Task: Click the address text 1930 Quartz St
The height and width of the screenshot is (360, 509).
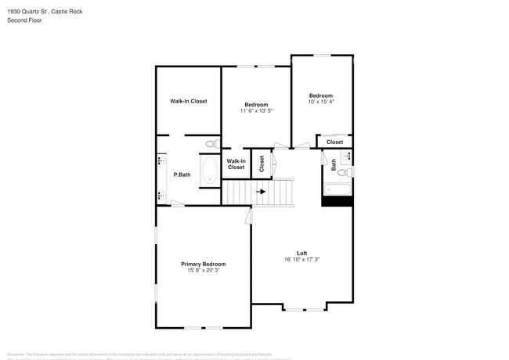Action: [x=29, y=12]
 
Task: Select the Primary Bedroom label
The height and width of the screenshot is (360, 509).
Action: [x=204, y=264]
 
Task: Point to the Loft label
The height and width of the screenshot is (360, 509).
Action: [x=301, y=252]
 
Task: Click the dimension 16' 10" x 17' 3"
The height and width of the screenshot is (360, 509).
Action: [x=301, y=259]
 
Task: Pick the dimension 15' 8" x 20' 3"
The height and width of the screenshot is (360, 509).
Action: [x=204, y=271]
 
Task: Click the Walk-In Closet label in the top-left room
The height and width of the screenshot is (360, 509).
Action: [x=189, y=101]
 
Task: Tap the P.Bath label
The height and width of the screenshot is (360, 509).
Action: [x=182, y=175]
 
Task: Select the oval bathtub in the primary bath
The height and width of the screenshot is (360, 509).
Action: [x=210, y=171]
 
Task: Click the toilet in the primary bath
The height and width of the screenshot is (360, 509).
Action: [x=211, y=144]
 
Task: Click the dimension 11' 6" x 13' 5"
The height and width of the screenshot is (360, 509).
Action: [x=256, y=111]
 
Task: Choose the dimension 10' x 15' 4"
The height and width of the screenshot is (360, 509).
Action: [x=321, y=102]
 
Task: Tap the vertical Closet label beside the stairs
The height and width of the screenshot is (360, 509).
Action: [x=262, y=165]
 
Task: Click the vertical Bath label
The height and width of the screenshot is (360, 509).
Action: [x=334, y=165]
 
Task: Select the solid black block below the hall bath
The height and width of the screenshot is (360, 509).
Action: [x=338, y=200]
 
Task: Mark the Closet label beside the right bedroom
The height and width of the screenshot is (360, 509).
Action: [x=334, y=142]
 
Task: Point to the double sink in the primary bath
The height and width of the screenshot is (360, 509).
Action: [x=161, y=173]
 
